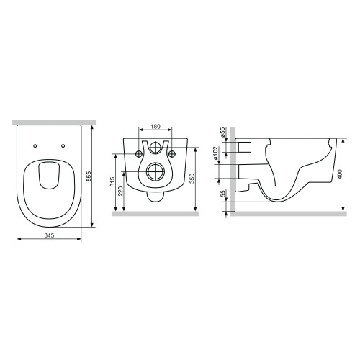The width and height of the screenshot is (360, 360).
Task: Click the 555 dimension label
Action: coord(89,176)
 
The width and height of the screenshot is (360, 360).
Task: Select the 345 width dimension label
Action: coord(49,235)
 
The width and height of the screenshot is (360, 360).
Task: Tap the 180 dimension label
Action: coord(156,126)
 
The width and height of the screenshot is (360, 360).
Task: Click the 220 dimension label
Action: coord(121,191)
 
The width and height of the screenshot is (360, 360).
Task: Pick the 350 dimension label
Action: coord(192,178)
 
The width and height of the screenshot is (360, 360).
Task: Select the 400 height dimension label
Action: coord(340,174)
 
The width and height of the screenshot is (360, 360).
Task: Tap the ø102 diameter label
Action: coord(215,153)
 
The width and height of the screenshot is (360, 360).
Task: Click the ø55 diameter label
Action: coord(222,132)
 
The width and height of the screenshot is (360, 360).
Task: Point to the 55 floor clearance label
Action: coord(223,194)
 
